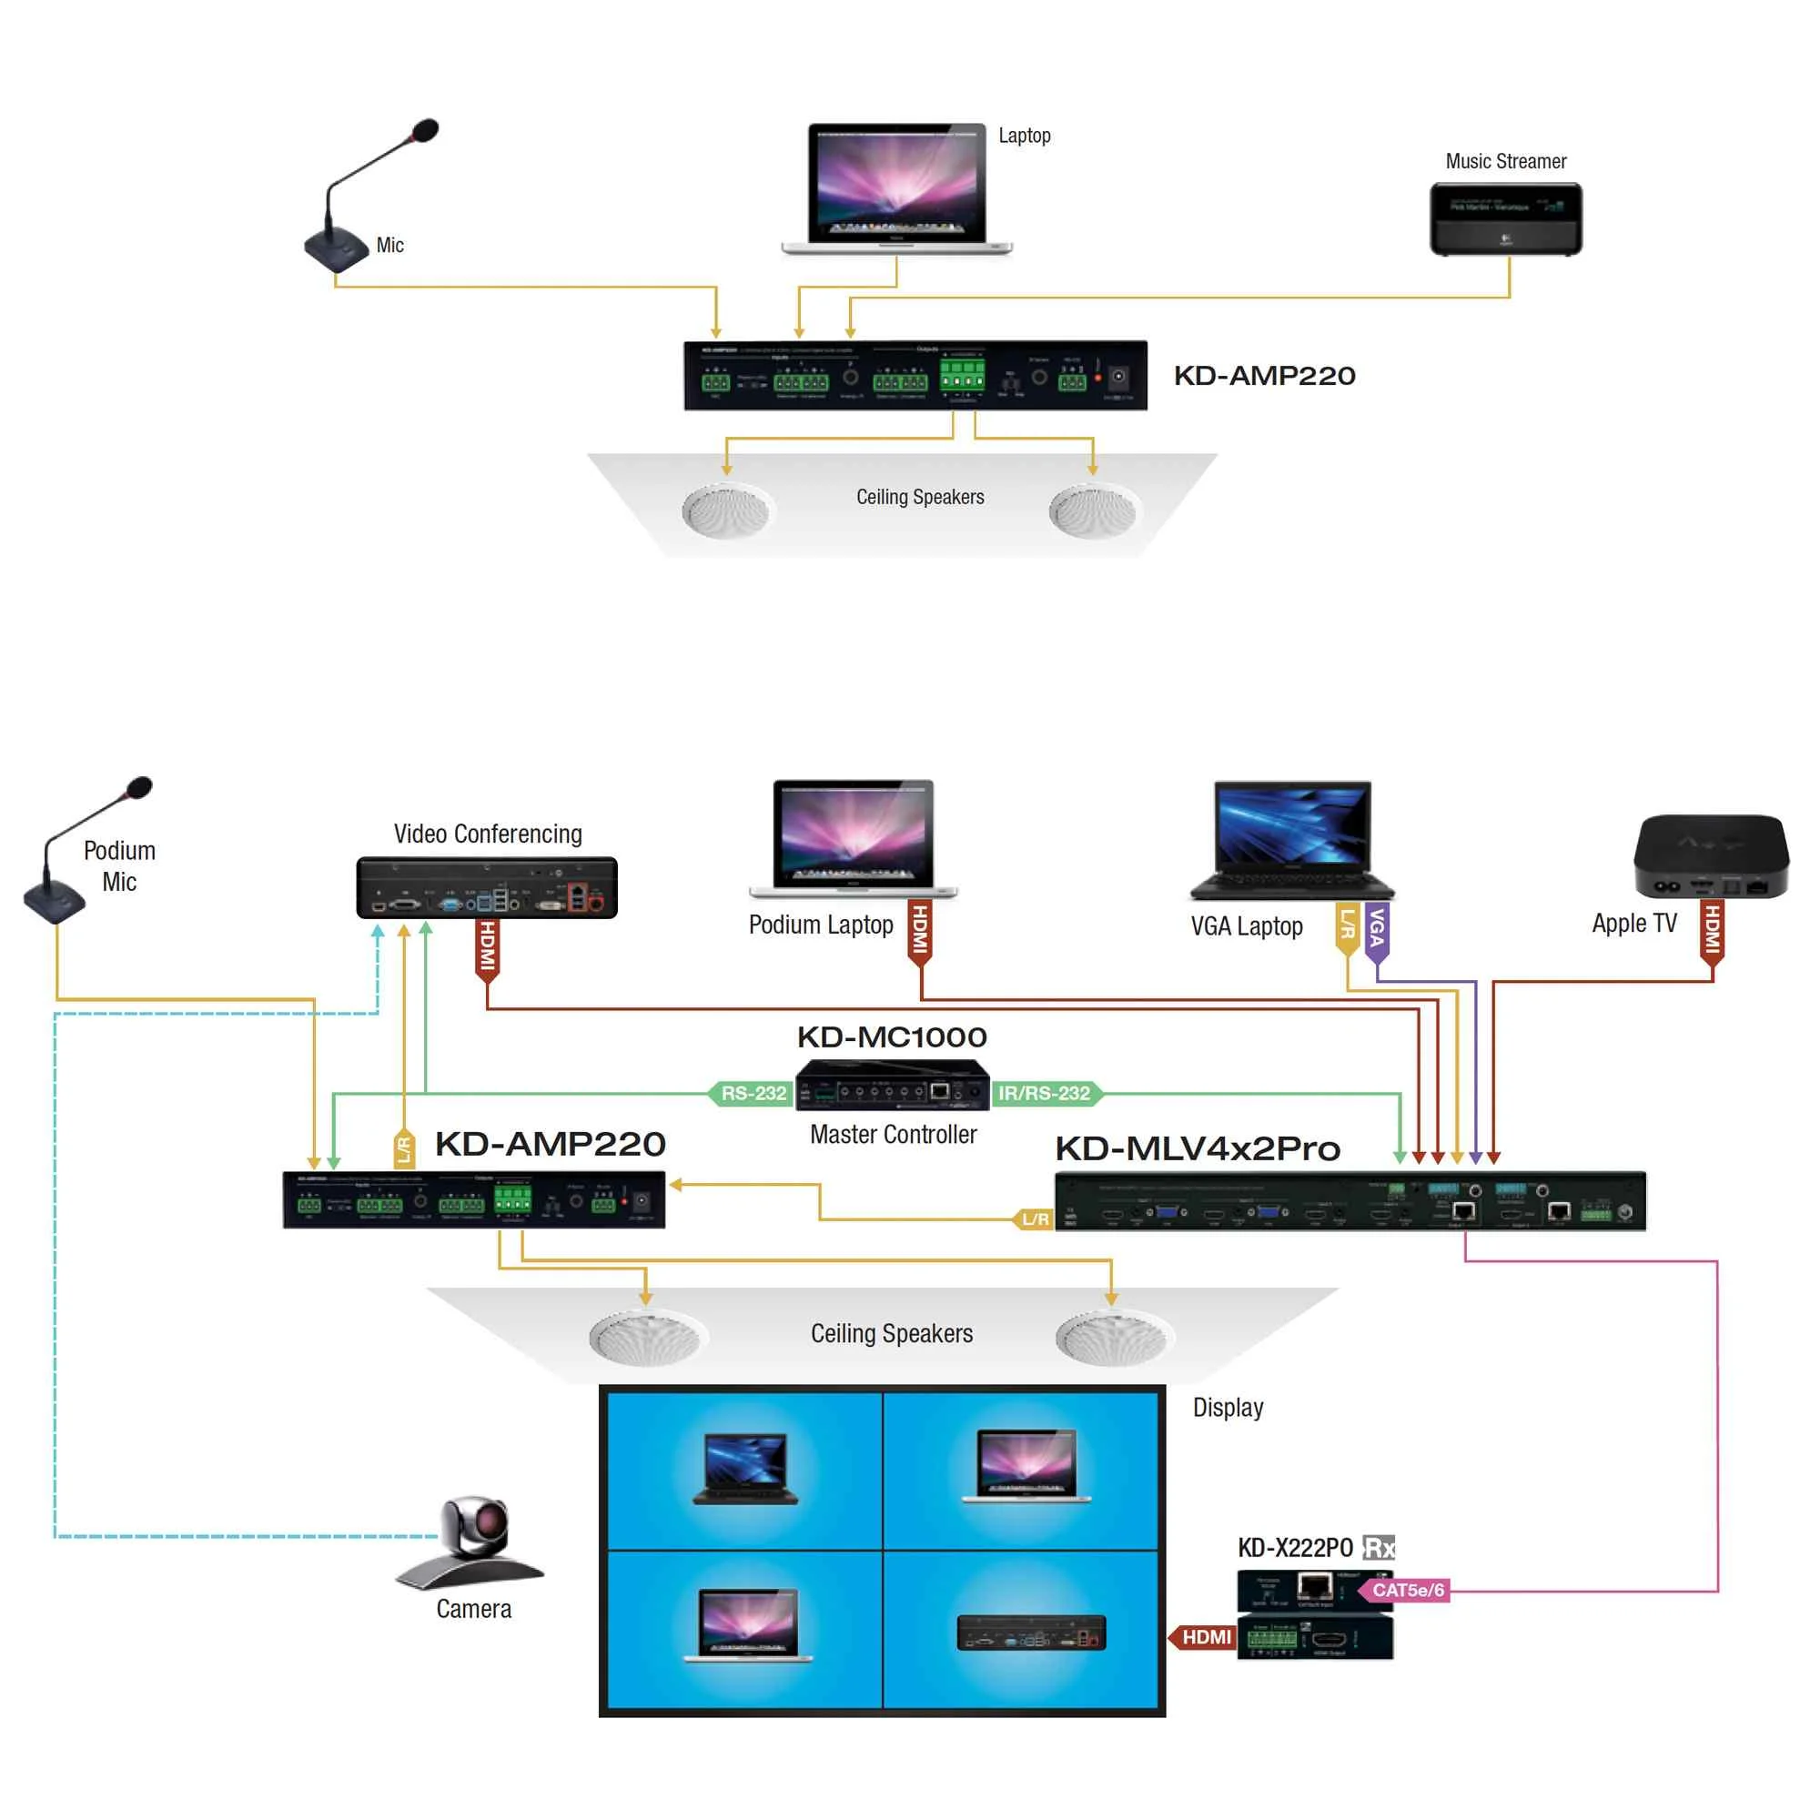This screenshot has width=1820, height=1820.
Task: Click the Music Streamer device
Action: (x=1505, y=218)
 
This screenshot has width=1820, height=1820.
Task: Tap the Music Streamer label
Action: (x=1505, y=161)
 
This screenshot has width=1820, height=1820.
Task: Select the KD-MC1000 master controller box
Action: (x=891, y=1086)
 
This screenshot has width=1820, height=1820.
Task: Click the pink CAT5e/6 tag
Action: (x=1406, y=1590)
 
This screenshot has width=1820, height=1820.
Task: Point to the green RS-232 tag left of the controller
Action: (x=751, y=1093)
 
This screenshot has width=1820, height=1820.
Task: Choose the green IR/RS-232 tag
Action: (x=1045, y=1093)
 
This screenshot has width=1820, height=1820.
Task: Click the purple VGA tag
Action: (x=1376, y=930)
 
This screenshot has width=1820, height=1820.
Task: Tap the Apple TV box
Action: (x=1711, y=855)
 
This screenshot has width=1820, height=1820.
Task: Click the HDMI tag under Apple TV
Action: (x=1712, y=930)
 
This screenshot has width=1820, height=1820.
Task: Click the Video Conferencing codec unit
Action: (x=486, y=887)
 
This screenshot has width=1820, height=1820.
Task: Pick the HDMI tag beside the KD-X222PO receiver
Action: (x=1205, y=1637)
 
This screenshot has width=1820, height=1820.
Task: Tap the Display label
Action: (x=1228, y=1408)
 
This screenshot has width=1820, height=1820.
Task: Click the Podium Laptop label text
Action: (x=821, y=925)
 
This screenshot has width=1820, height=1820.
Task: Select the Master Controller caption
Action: (x=893, y=1134)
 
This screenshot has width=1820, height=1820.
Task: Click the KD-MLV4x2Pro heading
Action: (x=1198, y=1148)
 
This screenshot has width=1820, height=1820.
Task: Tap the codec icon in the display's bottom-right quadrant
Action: (x=1031, y=1633)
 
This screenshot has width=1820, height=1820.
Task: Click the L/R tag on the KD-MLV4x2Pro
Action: (x=1035, y=1219)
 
